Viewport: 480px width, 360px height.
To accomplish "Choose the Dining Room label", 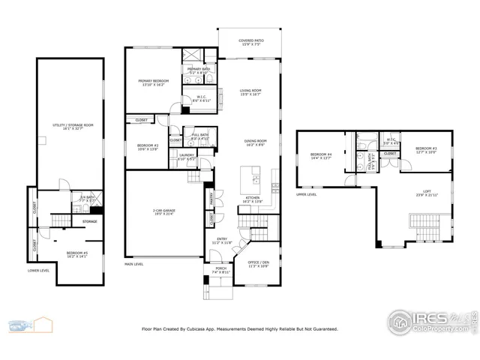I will click(x=256, y=142).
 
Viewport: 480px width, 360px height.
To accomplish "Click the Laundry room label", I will click(x=187, y=157).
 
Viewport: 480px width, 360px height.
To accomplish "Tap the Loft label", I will click(x=425, y=193).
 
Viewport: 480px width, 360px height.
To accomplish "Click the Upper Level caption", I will click(x=306, y=194).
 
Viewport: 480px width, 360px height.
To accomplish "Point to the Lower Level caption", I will click(x=38, y=269).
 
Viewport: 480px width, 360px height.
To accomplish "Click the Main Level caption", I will click(x=135, y=264).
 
